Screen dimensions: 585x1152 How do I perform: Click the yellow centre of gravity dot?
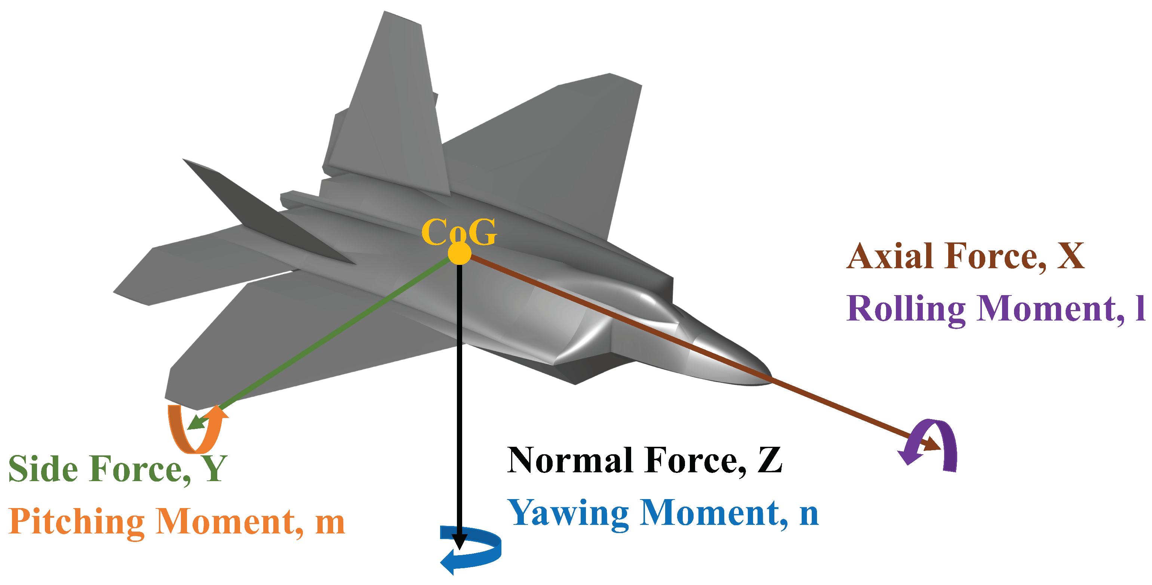[459, 253]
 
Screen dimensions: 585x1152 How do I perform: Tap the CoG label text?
[459, 232]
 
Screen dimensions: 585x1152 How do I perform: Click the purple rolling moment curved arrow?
[935, 442]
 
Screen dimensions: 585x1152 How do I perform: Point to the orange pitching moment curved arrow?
[197, 431]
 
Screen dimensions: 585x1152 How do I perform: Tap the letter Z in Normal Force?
[769, 460]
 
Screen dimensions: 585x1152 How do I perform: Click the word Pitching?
[76, 522]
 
